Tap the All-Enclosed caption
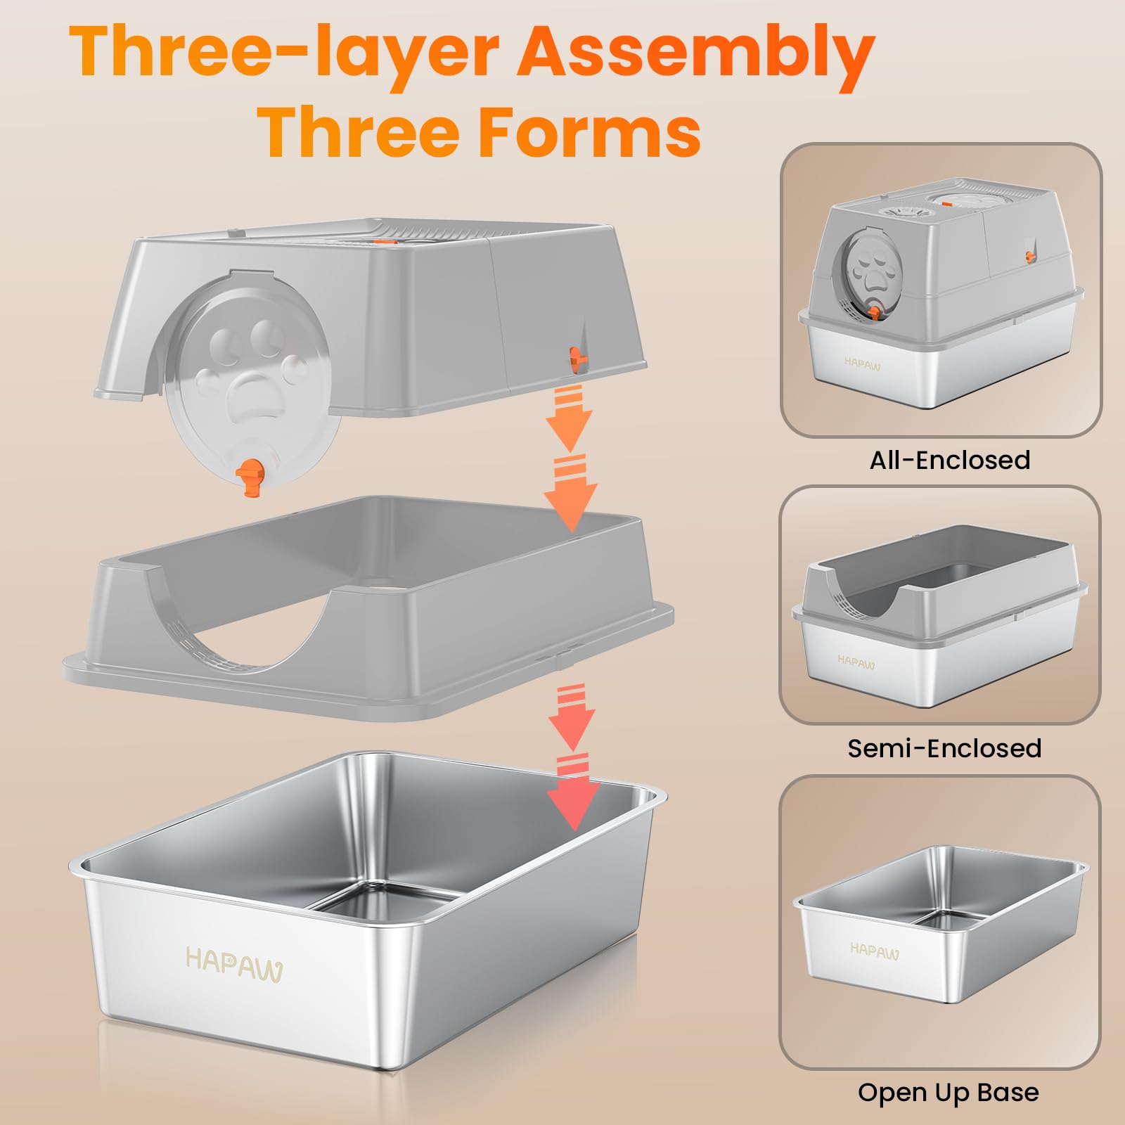click(949, 460)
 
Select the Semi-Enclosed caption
click(944, 748)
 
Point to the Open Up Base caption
click(948, 1092)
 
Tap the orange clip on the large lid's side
click(578, 357)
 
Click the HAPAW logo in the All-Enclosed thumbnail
click(862, 364)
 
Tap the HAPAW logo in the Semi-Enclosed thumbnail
click(856, 661)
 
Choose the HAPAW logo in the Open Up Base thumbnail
click(874, 951)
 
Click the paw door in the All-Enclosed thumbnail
click(866, 271)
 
